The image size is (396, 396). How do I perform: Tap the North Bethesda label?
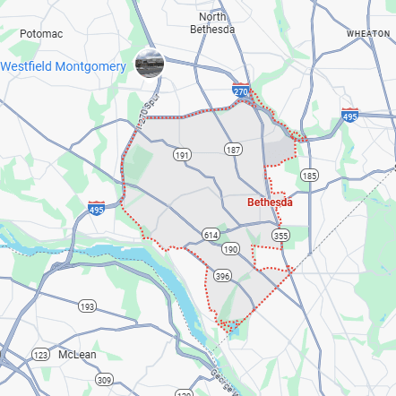(211, 22)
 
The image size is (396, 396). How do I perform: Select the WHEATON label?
(368, 33)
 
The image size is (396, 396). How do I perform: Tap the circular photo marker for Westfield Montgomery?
(149, 63)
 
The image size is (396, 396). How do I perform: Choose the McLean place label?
(77, 355)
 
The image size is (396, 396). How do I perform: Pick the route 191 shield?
(183, 155)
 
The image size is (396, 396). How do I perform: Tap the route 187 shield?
(234, 149)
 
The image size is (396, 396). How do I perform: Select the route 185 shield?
(309, 175)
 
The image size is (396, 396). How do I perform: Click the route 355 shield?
(281, 235)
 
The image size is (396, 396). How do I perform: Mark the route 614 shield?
(211, 234)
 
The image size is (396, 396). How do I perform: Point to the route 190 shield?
(232, 248)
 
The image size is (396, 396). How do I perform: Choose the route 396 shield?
(221, 275)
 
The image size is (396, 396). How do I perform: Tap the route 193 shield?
(87, 306)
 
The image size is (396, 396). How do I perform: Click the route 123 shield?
(40, 355)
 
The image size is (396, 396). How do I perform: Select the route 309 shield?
(105, 380)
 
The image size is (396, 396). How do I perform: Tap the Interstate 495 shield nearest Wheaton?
(350, 116)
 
